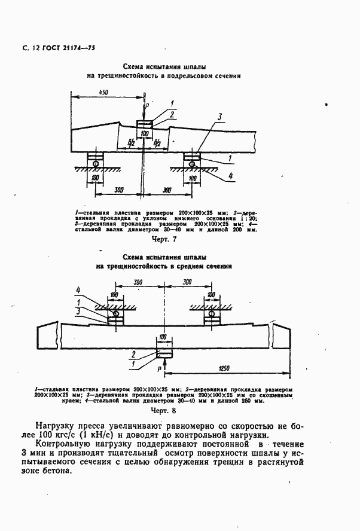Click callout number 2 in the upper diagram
coord(172,114)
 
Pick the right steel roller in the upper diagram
coord(193,162)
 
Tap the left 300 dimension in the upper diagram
coord(118,189)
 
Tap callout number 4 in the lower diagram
coord(78,291)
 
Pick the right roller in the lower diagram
coord(212,313)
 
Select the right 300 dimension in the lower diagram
coord(187,281)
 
